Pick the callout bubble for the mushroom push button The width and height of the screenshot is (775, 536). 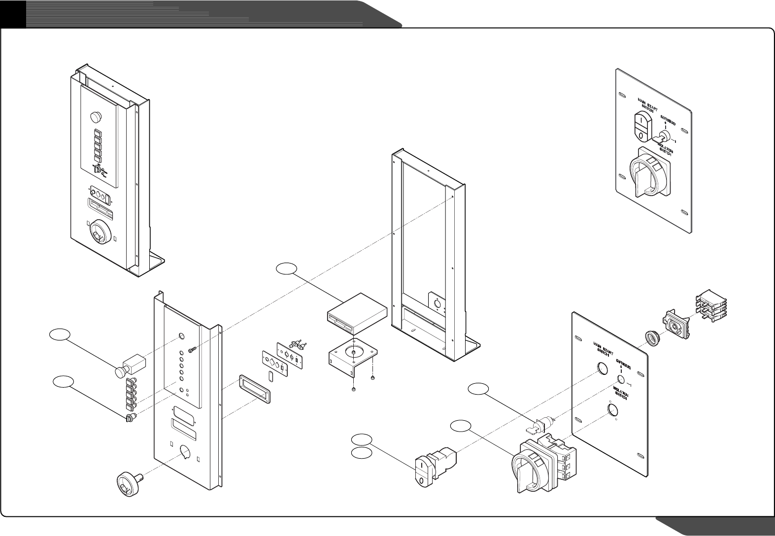tap(59, 334)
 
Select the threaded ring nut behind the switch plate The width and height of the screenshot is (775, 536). tap(652, 338)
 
